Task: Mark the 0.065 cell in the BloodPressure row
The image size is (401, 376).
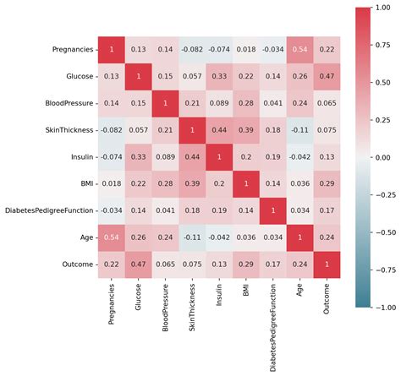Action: [326, 103]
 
